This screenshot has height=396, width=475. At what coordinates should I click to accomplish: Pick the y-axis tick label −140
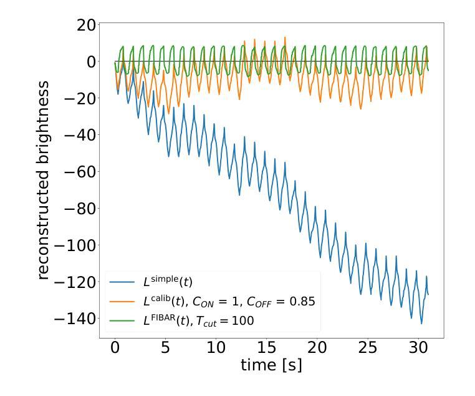pos(65,319)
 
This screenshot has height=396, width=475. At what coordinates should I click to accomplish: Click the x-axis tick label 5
pos(165,347)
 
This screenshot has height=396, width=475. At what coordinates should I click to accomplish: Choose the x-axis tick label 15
pos(266,347)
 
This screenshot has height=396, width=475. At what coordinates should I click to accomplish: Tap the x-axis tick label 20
pos(317,347)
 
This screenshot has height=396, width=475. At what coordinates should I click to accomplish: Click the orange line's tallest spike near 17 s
pos(285,37)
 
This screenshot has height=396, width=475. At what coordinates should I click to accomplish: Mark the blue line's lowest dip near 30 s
pos(421,323)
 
